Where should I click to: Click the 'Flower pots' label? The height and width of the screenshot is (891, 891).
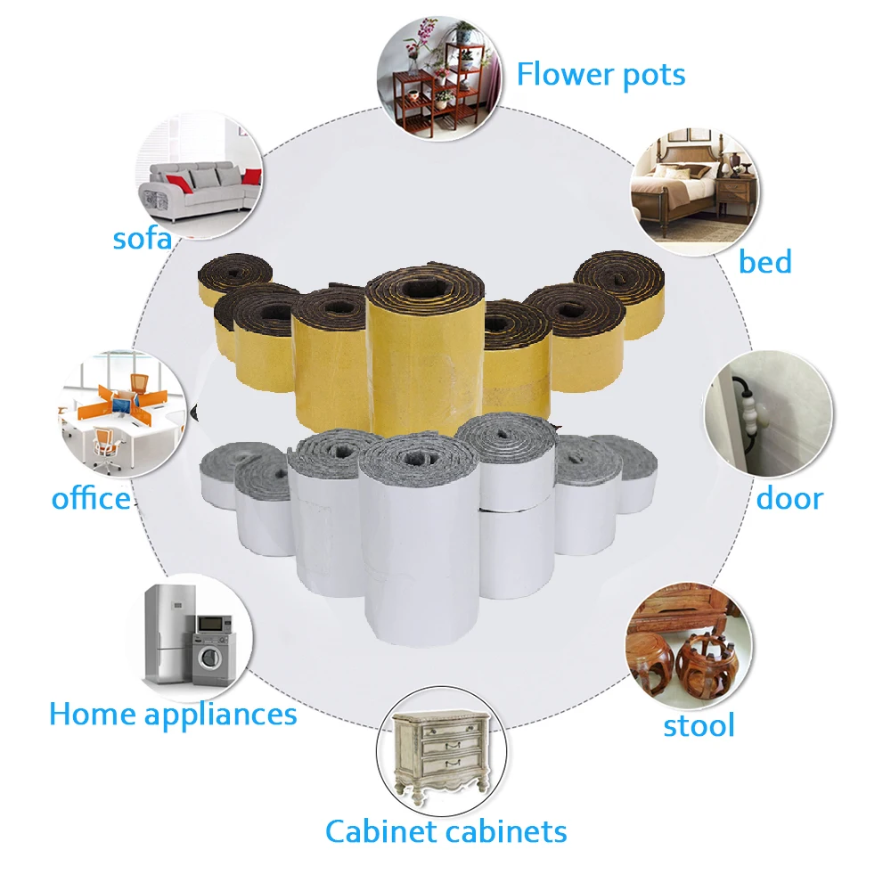pyautogui.click(x=601, y=75)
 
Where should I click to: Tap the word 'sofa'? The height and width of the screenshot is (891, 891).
pyautogui.click(x=143, y=239)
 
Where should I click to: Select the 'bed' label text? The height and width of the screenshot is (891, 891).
pyautogui.click(x=764, y=262)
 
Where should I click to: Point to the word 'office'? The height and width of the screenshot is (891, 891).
pyautogui.click(x=91, y=498)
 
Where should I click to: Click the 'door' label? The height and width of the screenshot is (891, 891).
pyautogui.click(x=789, y=498)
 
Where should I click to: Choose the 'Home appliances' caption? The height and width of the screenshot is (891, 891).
pyautogui.click(x=173, y=714)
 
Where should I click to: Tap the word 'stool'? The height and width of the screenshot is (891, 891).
pyautogui.click(x=699, y=725)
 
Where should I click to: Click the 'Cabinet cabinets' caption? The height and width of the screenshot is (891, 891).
pyautogui.click(x=445, y=831)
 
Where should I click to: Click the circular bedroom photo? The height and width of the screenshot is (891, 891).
pyautogui.click(x=694, y=192)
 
